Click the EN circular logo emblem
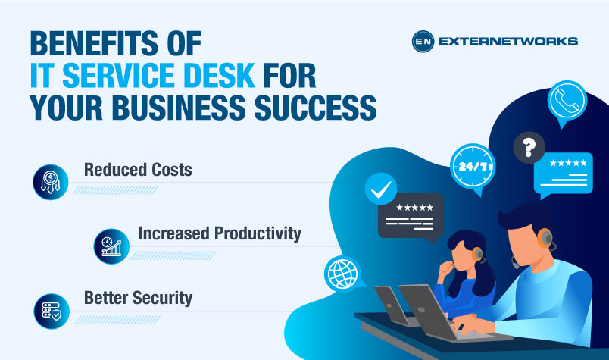point(422,42)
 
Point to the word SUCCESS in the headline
point(311,109)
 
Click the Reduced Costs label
point(137,169)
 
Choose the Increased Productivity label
point(220,233)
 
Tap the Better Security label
point(138,298)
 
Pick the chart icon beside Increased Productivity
point(112,246)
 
